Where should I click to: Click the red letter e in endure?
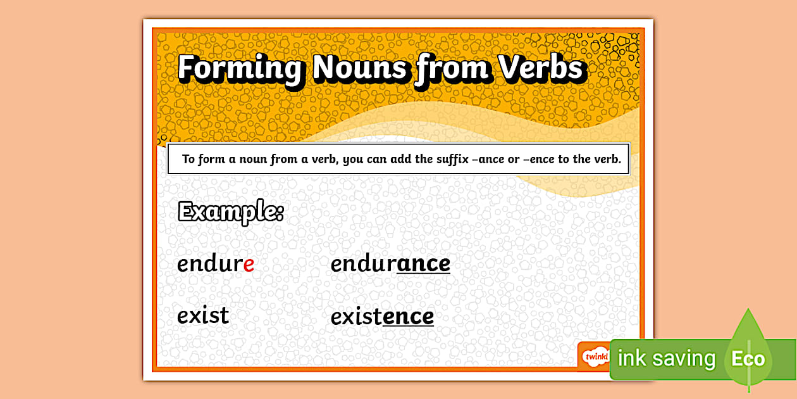(249, 264)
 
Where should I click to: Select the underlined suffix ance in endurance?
(423, 263)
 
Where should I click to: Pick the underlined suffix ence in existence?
(408, 316)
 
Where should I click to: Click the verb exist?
(203, 315)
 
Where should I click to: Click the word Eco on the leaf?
(748, 359)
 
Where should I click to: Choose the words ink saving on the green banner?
(666, 359)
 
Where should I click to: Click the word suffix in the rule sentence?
(452, 159)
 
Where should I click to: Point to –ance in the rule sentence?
(488, 159)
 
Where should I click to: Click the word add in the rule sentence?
(400, 159)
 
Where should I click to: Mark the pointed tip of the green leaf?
(748, 311)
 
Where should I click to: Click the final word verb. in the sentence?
(607, 159)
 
